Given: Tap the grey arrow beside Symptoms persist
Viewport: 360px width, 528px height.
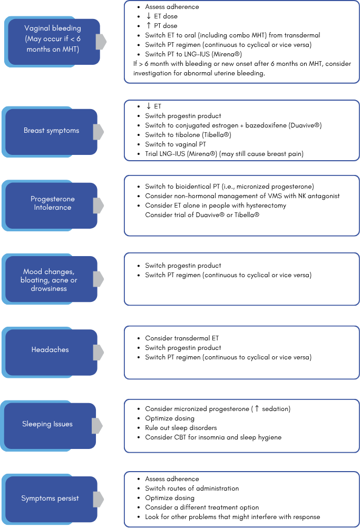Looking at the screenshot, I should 98,499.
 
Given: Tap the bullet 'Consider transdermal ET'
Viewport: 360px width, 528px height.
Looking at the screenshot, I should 182,338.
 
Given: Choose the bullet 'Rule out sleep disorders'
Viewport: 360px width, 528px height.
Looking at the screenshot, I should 181,428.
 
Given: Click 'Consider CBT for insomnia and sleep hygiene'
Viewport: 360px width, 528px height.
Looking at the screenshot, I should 213,437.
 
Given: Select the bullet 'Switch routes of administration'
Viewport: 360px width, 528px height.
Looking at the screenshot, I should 192,488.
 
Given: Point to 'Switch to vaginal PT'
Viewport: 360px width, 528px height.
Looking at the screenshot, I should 176,144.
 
